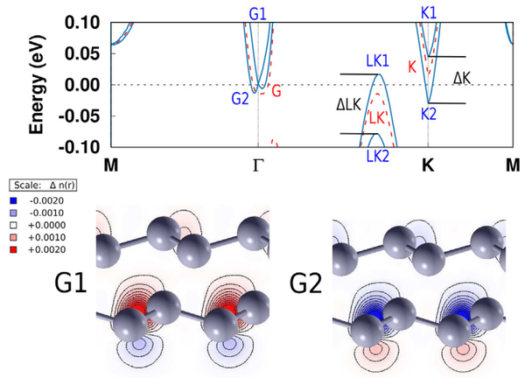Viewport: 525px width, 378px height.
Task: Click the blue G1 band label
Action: click(257, 14)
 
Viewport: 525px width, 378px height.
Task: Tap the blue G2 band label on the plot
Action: click(241, 99)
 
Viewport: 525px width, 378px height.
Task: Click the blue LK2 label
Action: click(378, 156)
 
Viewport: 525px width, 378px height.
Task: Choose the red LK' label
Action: click(378, 117)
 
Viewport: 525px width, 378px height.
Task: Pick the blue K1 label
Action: click(429, 14)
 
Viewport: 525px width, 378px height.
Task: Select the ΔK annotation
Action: click(462, 78)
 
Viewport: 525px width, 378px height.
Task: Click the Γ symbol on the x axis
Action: click(258, 164)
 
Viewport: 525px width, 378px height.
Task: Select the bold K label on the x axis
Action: click(428, 164)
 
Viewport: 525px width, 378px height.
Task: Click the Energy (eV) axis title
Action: click(37, 86)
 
